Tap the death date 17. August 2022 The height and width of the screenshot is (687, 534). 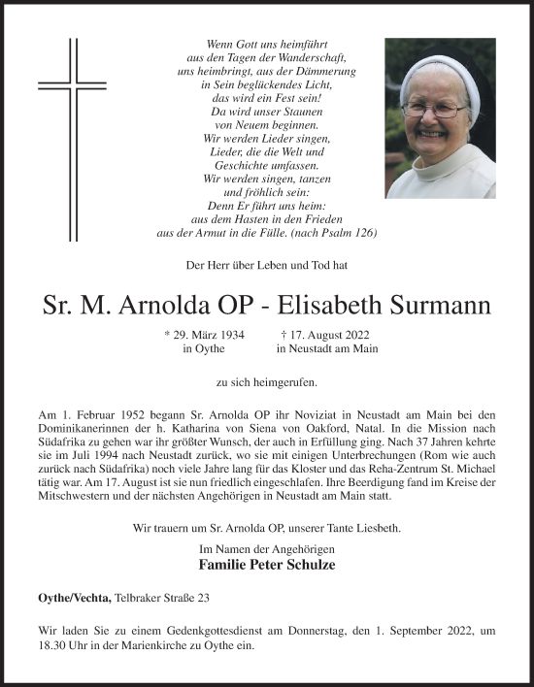pos(325,335)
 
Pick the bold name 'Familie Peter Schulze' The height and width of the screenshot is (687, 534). pos(266,563)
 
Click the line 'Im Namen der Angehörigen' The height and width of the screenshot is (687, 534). pos(266,548)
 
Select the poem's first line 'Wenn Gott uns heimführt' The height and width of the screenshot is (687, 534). pos(266,45)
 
